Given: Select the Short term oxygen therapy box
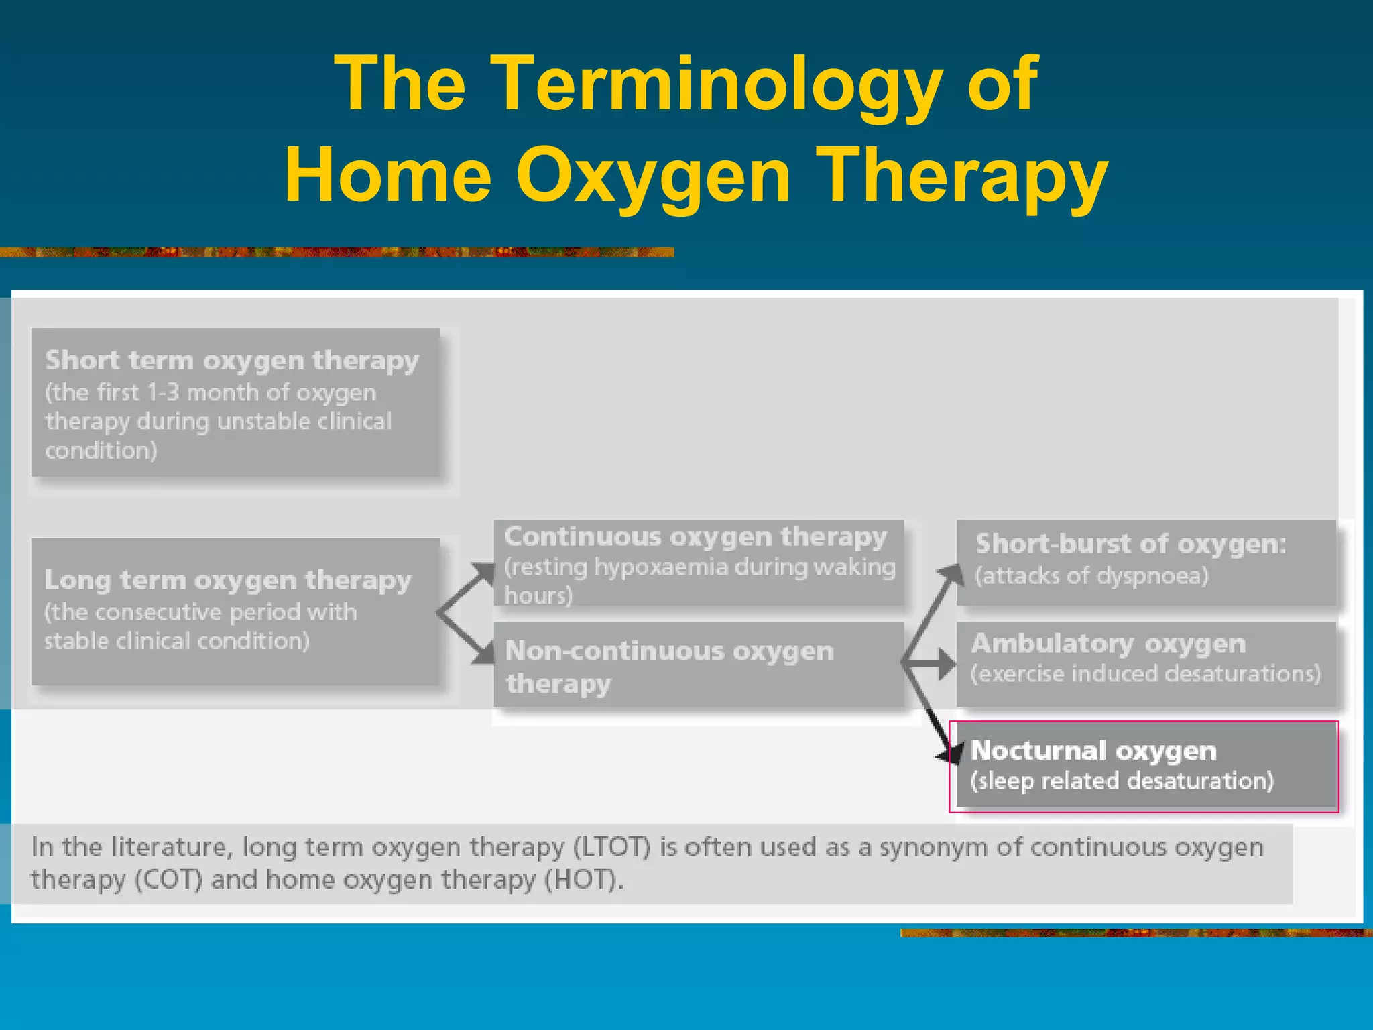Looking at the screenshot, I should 235,402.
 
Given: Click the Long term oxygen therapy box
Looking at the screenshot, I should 235,611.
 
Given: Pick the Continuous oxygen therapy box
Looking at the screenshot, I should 699,563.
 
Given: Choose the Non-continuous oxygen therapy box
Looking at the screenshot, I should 699,665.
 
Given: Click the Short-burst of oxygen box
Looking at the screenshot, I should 1146,562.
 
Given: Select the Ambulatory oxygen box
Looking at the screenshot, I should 1146,664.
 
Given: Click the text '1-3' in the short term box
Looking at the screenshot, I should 163,392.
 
